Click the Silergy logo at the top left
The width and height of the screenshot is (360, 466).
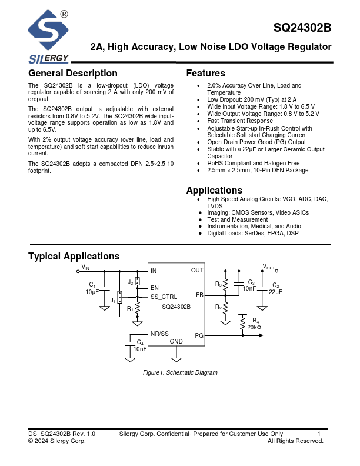point(49,36)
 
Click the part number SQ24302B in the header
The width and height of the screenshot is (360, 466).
point(302,28)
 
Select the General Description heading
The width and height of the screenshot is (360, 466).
point(73,74)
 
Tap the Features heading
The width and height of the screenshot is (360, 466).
point(205,74)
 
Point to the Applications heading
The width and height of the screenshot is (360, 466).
point(214,191)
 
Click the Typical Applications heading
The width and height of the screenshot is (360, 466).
point(74,257)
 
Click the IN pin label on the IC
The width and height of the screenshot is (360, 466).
point(154,271)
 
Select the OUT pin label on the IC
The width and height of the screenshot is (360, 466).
point(197,271)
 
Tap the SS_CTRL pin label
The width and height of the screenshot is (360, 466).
point(164,297)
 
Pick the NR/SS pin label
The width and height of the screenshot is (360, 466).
point(159,334)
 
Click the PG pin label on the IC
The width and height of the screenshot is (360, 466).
point(199,335)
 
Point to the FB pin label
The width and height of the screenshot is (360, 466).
point(199,295)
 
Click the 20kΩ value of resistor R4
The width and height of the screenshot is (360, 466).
point(254,327)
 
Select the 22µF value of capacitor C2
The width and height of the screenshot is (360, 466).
point(275,292)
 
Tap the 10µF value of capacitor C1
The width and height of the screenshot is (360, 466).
point(92,292)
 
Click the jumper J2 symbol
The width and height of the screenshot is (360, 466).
point(138,281)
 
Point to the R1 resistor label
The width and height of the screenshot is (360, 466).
point(130,308)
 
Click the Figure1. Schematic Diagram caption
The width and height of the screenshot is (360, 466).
point(180,372)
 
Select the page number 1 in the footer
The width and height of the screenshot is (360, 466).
point(319,434)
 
